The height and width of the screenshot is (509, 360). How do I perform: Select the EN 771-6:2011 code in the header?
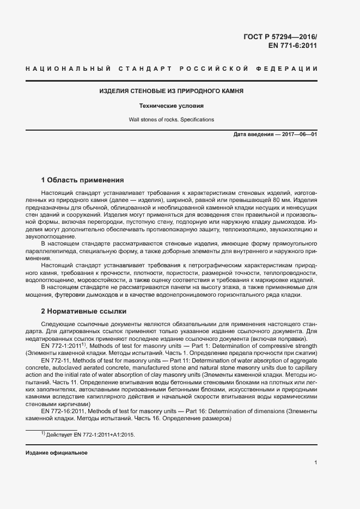tap(292, 46)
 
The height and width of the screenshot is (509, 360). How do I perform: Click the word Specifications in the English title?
tap(196, 119)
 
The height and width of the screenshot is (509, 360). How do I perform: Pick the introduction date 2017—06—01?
tap(298, 134)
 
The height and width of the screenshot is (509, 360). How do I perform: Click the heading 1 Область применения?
tap(83, 180)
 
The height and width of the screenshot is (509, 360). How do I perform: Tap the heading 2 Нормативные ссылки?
tap(84, 311)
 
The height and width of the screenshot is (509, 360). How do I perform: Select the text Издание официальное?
tap(57, 453)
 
